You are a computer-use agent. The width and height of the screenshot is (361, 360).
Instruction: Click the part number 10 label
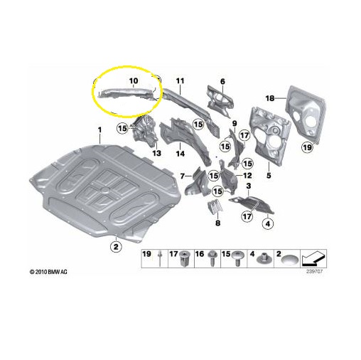[134, 81]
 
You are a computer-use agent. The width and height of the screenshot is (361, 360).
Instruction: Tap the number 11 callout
[180, 81]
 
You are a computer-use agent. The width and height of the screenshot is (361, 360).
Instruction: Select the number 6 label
[222, 82]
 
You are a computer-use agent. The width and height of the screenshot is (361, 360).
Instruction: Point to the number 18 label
[270, 98]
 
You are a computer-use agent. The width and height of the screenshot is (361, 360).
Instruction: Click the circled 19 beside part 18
[308, 147]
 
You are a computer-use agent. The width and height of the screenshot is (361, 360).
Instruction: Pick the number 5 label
[269, 176]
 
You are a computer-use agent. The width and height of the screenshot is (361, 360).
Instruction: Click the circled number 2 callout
[116, 247]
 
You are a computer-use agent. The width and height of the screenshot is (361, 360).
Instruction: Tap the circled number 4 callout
[268, 223]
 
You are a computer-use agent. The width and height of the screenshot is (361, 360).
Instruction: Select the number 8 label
[217, 223]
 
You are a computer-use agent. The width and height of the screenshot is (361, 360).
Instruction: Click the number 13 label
[156, 153]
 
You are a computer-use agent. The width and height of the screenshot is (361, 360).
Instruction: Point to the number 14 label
[180, 154]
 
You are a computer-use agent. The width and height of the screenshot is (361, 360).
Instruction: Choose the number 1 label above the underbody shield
[99, 130]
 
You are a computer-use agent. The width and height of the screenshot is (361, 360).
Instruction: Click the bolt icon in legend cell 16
[211, 258]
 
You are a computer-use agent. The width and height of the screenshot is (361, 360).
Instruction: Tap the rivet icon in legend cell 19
[160, 258]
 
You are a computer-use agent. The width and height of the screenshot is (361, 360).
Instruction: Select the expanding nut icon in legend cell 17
[184, 259]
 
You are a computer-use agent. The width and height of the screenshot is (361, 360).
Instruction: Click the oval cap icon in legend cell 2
[289, 260]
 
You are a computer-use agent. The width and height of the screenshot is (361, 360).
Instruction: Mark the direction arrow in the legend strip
[313, 258]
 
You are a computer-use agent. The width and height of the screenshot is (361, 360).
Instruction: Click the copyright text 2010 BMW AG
[48, 272]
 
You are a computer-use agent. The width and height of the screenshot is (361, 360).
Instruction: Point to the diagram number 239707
[315, 272]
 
